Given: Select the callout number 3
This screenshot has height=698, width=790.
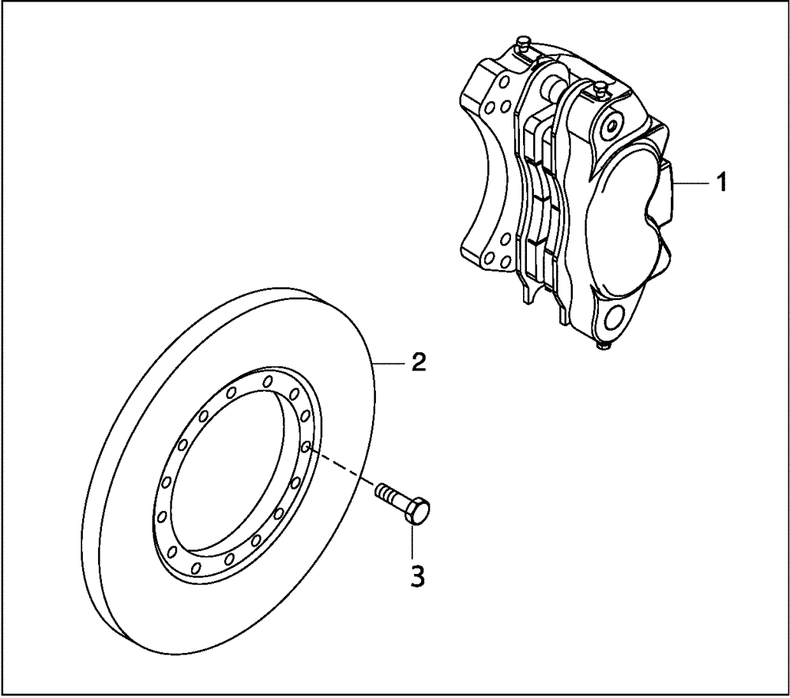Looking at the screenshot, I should pyautogui.click(x=417, y=576).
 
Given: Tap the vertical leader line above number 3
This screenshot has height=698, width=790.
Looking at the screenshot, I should pyautogui.click(x=412, y=540).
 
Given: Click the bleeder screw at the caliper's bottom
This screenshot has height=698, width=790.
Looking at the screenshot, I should pyautogui.click(x=603, y=344).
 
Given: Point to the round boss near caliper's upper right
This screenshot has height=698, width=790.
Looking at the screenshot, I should pyautogui.click(x=610, y=124).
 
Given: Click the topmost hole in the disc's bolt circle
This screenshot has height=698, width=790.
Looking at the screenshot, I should pyautogui.click(x=269, y=381).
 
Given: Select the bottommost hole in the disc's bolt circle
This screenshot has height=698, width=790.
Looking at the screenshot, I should pyautogui.click(x=197, y=567).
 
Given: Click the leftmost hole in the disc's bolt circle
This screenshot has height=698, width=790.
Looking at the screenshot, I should pyautogui.click(x=161, y=516).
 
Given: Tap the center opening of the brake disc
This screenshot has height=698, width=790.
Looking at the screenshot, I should pyautogui.click(x=237, y=474).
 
